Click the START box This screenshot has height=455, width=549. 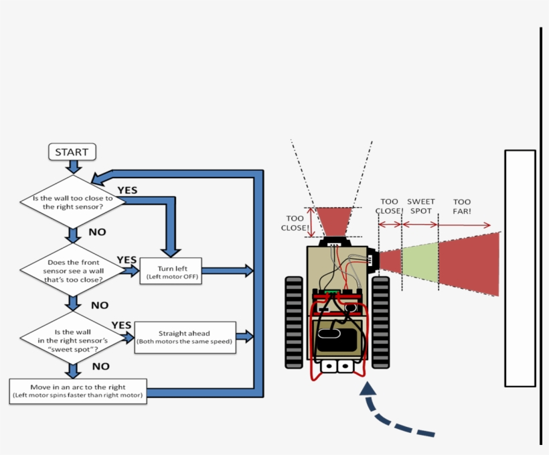72,152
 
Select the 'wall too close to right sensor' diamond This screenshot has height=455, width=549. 73,201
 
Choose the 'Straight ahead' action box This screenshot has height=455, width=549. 184,337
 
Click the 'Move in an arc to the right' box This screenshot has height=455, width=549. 78,391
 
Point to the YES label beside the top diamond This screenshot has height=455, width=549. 127,190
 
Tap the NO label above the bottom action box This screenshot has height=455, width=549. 100,367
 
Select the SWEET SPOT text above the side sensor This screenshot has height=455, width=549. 420,206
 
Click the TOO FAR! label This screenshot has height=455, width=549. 462,206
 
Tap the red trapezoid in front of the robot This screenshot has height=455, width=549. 333,221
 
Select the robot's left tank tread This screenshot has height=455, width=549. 294,322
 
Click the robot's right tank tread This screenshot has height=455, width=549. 380,322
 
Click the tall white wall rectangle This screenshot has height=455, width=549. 520,268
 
